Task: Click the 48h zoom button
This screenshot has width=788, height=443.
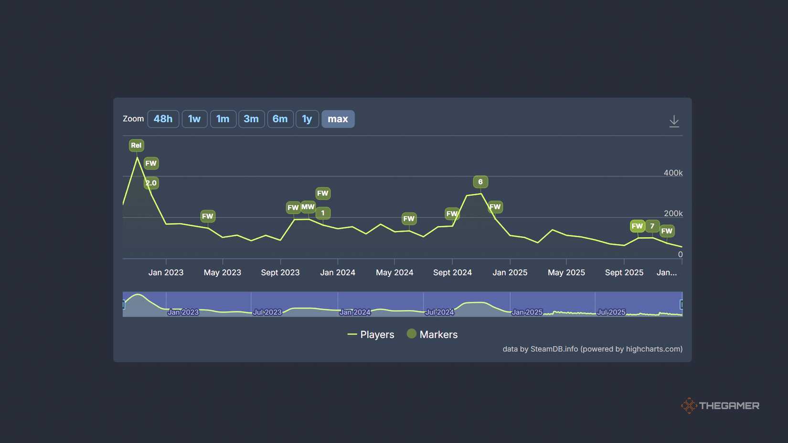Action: click(x=163, y=119)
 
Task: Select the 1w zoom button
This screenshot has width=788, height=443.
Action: click(x=194, y=119)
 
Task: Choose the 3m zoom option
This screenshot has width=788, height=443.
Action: click(x=251, y=119)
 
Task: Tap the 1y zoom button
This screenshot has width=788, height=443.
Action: click(x=307, y=119)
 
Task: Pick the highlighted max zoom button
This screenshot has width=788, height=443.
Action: click(x=338, y=119)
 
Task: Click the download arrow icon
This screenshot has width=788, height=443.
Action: click(x=674, y=121)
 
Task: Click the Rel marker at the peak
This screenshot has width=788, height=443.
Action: click(x=136, y=145)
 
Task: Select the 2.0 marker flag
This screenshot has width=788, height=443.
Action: click(x=151, y=183)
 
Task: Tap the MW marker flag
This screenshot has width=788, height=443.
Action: click(x=308, y=207)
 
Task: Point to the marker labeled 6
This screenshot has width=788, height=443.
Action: click(x=480, y=182)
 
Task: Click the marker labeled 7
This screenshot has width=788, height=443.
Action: click(x=652, y=226)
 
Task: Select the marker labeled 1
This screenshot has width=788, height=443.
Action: click(x=323, y=213)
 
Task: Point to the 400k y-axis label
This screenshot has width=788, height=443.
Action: click(x=673, y=173)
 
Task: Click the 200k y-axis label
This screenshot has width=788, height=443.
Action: click(x=673, y=213)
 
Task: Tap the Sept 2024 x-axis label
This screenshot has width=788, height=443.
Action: click(x=452, y=273)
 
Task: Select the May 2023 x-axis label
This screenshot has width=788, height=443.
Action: click(x=223, y=273)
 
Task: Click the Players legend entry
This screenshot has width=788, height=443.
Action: click(x=371, y=335)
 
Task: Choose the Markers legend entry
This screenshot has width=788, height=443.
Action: click(x=432, y=335)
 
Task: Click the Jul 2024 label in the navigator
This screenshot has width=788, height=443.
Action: click(x=439, y=312)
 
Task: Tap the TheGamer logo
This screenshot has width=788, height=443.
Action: click(x=720, y=405)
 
